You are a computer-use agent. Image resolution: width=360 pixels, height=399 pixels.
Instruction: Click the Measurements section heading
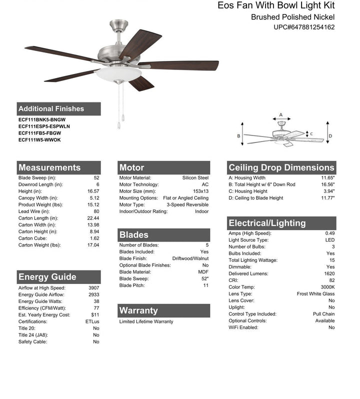point(49,167)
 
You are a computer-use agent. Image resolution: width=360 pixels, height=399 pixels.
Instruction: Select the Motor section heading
point(131,167)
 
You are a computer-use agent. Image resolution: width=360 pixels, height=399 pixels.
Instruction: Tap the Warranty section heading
point(138,310)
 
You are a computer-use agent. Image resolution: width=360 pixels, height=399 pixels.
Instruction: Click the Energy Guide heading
point(47,277)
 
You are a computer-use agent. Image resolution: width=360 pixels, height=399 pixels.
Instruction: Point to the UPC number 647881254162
point(304,27)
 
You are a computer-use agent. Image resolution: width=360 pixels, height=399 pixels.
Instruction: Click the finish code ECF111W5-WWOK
point(39,140)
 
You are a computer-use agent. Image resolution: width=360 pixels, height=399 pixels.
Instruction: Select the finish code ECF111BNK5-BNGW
point(41,119)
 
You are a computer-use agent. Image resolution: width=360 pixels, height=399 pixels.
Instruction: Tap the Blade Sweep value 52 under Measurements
point(96,178)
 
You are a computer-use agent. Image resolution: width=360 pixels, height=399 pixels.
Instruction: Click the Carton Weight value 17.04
point(93,245)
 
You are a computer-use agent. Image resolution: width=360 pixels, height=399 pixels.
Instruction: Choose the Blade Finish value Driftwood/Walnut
point(190,258)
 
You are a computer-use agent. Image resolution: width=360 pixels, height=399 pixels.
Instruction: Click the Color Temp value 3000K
point(326,287)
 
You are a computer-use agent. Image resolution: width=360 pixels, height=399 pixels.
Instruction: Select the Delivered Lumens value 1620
point(328,274)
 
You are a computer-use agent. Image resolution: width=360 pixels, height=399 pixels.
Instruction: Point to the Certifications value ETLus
point(92,321)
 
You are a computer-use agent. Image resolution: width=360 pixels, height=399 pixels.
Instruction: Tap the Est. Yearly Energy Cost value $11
point(95,315)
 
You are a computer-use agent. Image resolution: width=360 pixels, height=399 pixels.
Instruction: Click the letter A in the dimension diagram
point(281,114)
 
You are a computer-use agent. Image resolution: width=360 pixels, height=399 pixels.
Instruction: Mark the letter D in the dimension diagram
point(330,135)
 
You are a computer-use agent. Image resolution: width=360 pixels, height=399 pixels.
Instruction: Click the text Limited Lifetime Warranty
point(146,321)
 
